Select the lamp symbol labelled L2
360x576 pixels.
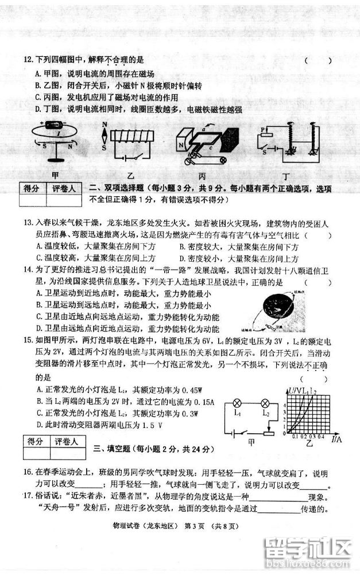(x=265, y=400)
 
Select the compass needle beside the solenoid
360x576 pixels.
(x=104, y=137)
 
